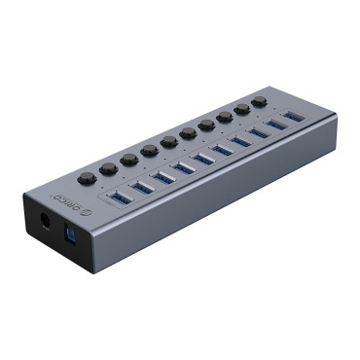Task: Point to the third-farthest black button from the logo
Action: [225, 118]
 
